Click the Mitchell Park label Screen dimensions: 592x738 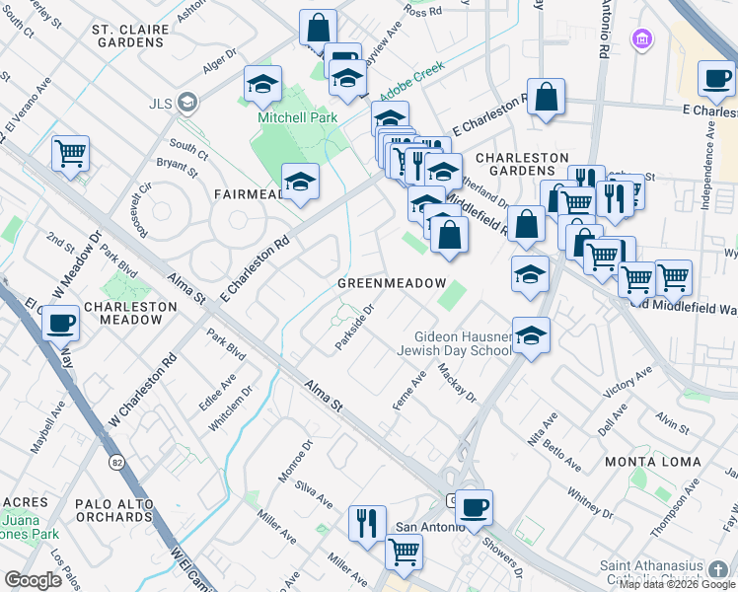click(297, 117)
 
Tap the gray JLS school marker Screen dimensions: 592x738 click(187, 101)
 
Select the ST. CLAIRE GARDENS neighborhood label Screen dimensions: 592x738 click(134, 36)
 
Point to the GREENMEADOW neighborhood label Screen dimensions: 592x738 click(393, 283)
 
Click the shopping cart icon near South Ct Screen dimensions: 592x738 click(70, 153)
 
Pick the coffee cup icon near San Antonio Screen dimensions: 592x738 click(475, 507)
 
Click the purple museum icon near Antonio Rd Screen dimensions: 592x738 click(642, 39)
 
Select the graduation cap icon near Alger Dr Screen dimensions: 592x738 click(263, 84)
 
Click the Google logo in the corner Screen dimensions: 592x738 click(33, 580)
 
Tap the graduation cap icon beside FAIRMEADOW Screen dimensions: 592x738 click(300, 182)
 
